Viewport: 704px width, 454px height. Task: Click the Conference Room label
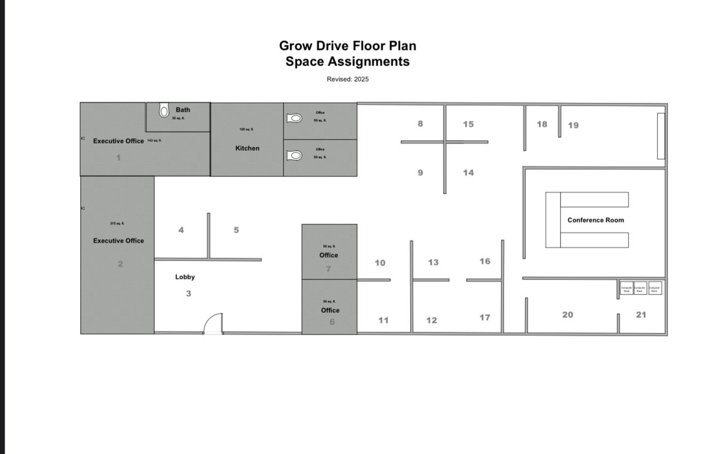tap(595, 220)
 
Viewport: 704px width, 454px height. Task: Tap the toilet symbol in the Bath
tap(164, 111)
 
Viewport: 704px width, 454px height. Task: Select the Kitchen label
tap(247, 148)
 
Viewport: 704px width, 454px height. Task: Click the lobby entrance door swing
tap(214, 324)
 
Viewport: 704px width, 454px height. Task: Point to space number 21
tap(641, 315)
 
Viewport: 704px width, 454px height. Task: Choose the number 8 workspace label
tap(420, 124)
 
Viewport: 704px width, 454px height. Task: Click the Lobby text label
tap(185, 277)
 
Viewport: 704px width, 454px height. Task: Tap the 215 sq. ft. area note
tap(117, 224)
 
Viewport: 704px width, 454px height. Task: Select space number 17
tap(485, 318)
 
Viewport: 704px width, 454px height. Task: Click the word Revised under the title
tap(339, 79)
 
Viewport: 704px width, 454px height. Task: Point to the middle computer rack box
tap(640, 288)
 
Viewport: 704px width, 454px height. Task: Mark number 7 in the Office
tap(328, 269)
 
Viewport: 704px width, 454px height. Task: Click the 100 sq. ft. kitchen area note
tap(246, 129)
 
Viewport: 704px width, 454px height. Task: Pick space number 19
tap(573, 125)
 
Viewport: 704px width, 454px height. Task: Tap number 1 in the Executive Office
tap(118, 158)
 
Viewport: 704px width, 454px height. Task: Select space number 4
tap(181, 230)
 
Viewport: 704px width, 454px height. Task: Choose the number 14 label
tap(468, 173)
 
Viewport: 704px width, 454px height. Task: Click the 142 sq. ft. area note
tap(154, 140)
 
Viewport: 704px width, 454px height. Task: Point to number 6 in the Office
tap(332, 322)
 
